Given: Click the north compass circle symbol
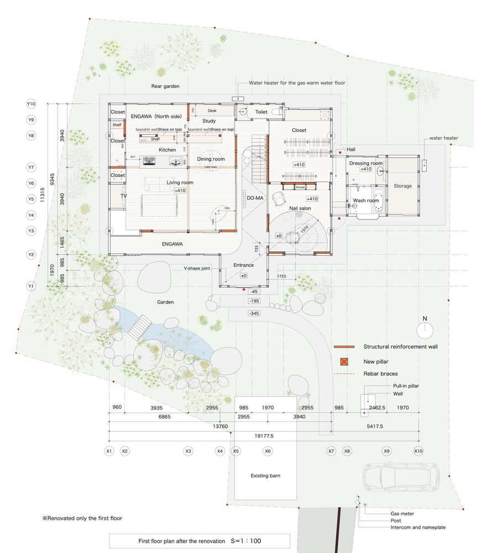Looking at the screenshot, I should pos(425,330).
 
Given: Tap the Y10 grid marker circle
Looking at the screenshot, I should pos(31,104).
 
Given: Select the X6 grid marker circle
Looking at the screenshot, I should pos(268,451).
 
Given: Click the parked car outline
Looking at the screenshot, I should pos(401,477).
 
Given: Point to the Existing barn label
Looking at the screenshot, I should pos(266,476).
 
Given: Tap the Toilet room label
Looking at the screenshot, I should pos(261,112).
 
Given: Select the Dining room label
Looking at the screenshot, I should pos(211,159).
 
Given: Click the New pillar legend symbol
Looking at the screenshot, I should pos(344,362).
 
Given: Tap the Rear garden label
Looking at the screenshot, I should pos(164,86).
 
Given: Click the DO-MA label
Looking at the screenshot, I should pos(255,197).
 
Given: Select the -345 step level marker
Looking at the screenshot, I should pos(254,314).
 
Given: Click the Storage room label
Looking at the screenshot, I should pos(403,186).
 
